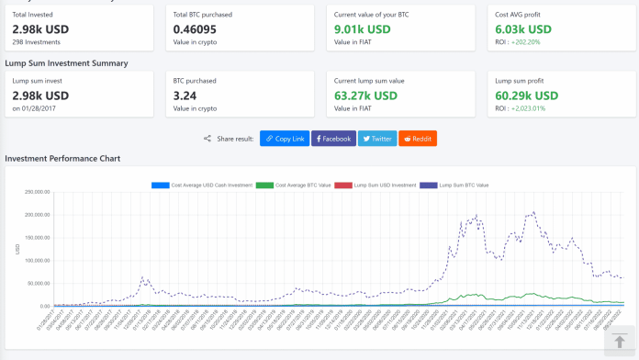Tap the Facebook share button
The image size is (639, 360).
pyautogui.click(x=333, y=139)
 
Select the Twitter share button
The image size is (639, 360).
pyautogui.click(x=377, y=139)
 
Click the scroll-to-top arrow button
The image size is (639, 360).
pyautogui.click(x=620, y=342)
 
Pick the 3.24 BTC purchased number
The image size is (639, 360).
pyautogui.click(x=185, y=96)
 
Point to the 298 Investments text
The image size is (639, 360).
pyautogui.click(x=36, y=42)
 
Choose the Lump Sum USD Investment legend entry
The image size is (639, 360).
pyautogui.click(x=376, y=185)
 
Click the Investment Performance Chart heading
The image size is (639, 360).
pyautogui.click(x=62, y=159)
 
